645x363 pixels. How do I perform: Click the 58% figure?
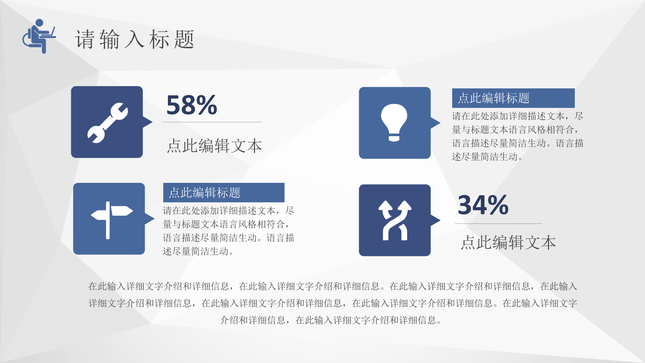192,105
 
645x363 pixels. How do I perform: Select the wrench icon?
107,123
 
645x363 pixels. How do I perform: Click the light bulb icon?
394,123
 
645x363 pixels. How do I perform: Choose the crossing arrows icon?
395,220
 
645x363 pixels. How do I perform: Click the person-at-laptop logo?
39,36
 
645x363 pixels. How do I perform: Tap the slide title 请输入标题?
134,39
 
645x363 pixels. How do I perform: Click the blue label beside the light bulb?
513,98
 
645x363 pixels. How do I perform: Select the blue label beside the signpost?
224,193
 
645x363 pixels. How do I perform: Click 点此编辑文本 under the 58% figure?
214,146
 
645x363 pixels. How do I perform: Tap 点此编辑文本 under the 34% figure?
508,242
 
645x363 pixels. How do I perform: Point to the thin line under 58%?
213,122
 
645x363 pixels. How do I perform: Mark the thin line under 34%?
499,224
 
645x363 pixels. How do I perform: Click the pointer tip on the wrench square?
153,122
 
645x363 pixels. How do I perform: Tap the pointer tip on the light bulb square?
440,123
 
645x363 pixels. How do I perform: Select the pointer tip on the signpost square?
155,219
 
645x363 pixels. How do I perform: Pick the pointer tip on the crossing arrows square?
440,220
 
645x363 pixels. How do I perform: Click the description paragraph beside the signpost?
228,231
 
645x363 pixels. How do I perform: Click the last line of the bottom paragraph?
331,320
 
